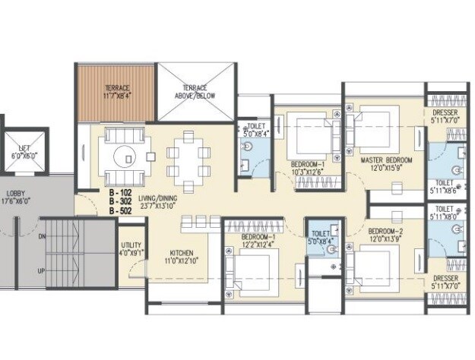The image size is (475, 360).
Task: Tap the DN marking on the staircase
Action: point(43,238)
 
